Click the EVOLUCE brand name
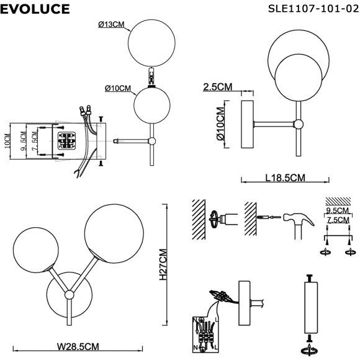tap(35, 10)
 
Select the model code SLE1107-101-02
tap(313, 10)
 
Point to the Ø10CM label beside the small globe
tap(118, 88)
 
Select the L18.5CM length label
tap(285, 178)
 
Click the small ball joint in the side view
tap(299, 124)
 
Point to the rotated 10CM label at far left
tap(8, 142)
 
